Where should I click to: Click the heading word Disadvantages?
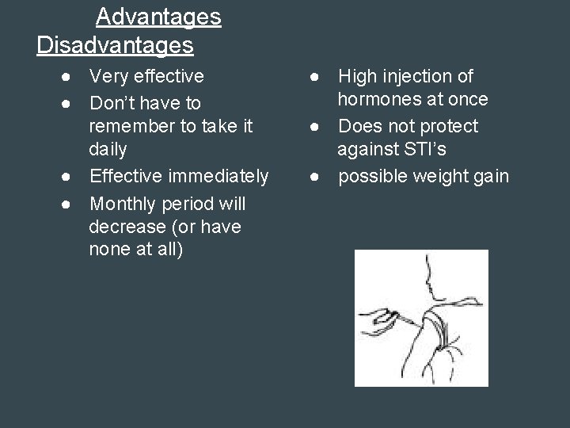[x=115, y=45]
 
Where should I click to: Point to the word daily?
[x=107, y=148]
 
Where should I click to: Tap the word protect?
[x=449, y=126]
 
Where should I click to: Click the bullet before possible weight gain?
[x=315, y=176]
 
